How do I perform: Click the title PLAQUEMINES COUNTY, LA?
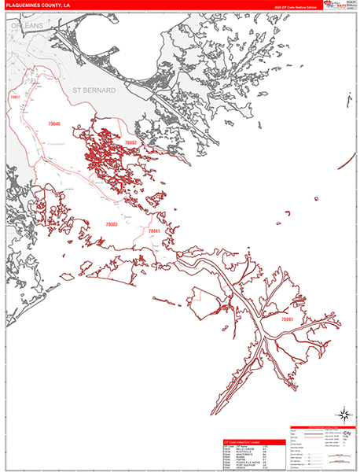pos(39,6)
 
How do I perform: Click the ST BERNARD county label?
pos(94,91)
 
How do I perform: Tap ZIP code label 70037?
pos(14,97)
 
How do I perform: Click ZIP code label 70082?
pos(130,142)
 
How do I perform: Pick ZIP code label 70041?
pos(154,231)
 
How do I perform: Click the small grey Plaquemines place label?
pos(55,145)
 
